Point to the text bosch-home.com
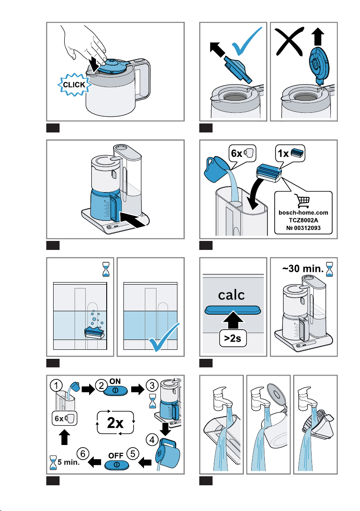tap(303, 213)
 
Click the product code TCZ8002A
tap(303, 220)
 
